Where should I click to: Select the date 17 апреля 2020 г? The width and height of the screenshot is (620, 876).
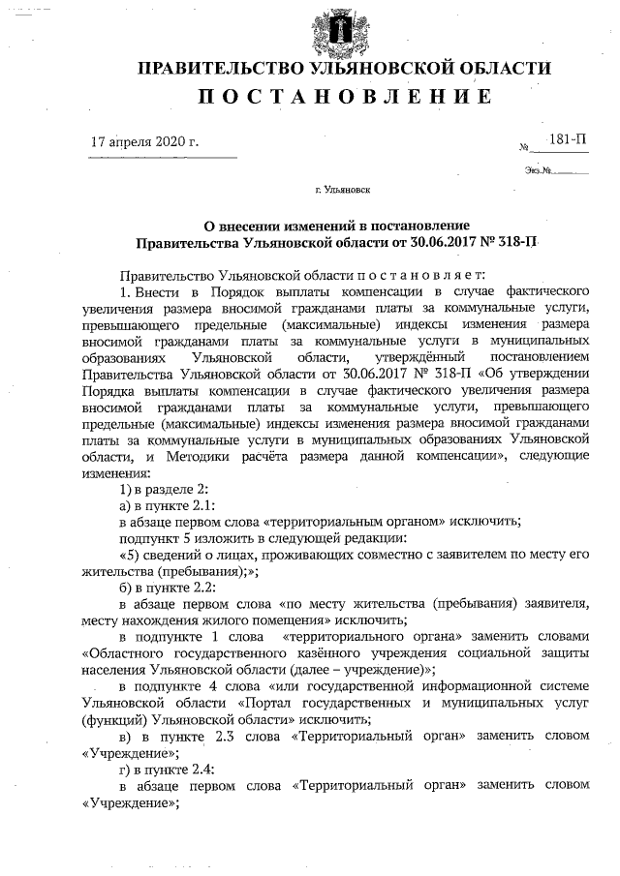pos(143,141)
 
